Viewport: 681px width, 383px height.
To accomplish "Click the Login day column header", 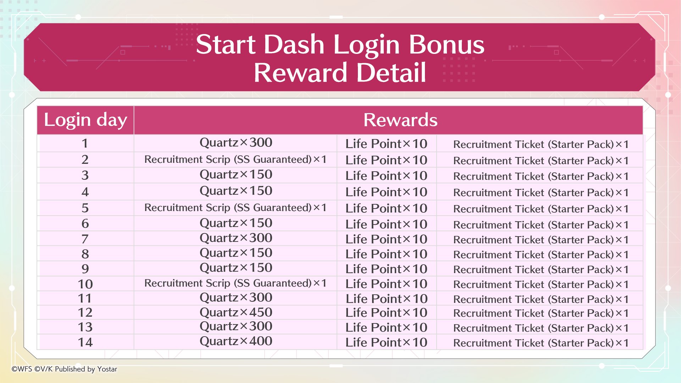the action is click(85, 120).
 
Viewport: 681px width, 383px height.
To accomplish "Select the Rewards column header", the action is click(400, 120).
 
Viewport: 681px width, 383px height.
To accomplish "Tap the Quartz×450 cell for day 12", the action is click(236, 312).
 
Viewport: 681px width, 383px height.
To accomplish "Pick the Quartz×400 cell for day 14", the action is click(236, 341).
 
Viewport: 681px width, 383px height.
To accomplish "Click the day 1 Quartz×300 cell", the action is click(236, 143).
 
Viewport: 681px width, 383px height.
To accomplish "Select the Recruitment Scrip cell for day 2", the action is click(236, 160).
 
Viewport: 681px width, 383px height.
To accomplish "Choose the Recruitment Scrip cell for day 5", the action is click(236, 208).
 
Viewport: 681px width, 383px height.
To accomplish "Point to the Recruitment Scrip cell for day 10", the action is click(236, 283).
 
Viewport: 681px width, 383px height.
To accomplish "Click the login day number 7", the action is click(85, 239).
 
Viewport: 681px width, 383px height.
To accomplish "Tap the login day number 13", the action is click(85, 327).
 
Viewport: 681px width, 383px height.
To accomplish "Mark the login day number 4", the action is click(85, 192).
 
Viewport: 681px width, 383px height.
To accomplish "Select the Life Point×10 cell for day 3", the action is click(387, 176).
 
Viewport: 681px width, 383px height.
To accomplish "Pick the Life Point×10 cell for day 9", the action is click(387, 269).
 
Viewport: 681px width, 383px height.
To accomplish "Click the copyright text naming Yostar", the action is click(64, 369).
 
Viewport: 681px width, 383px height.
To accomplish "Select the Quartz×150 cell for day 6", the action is click(236, 223).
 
